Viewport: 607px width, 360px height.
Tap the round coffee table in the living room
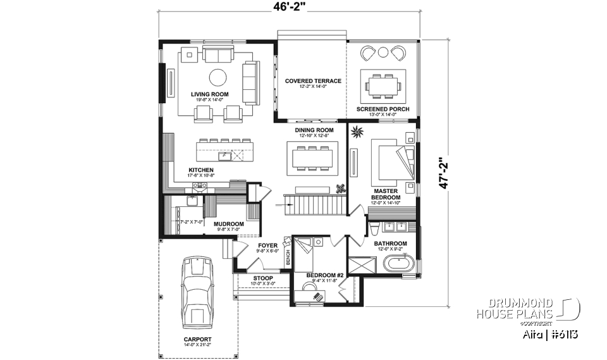pos(218,77)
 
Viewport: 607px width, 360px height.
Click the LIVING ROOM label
pos(210,94)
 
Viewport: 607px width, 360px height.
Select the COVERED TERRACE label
pos(313,81)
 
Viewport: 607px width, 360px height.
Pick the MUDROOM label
pos(229,223)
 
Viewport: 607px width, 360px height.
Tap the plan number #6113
pos(564,333)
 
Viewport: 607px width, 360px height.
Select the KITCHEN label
pos(200,170)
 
